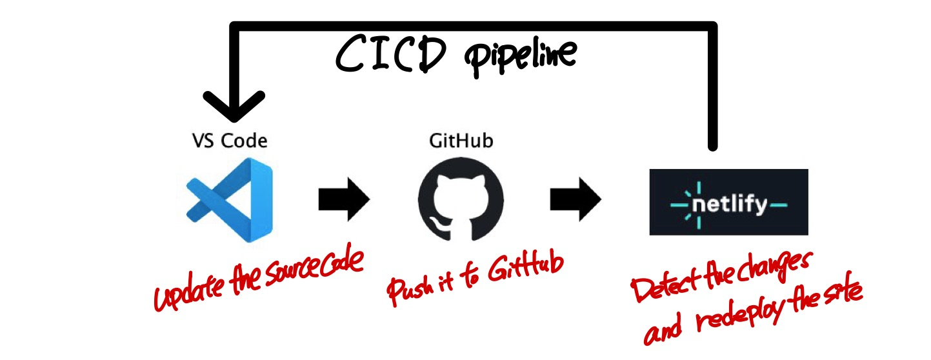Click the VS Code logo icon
click(x=229, y=202)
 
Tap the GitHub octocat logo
click(x=461, y=202)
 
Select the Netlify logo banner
click(x=728, y=202)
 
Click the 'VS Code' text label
click(x=230, y=141)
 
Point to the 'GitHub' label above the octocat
click(x=461, y=141)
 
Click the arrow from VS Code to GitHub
click(x=344, y=199)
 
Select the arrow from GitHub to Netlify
click(x=576, y=199)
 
